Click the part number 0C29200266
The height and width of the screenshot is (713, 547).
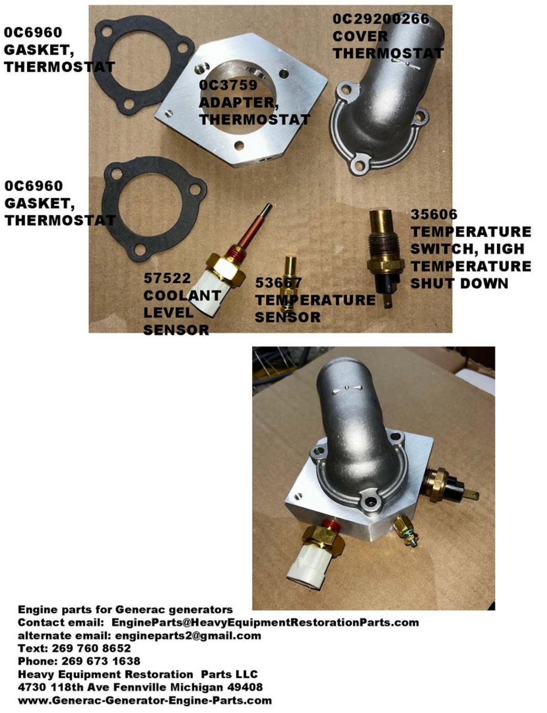click(x=380, y=19)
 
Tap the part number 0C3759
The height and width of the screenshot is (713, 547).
click(x=228, y=85)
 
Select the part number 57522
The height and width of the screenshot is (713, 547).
click(x=167, y=279)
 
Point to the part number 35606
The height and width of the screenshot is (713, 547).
click(x=434, y=214)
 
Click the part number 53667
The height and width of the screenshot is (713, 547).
click(x=278, y=283)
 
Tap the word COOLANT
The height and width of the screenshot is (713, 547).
click(x=182, y=296)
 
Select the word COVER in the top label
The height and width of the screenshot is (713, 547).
click(x=360, y=36)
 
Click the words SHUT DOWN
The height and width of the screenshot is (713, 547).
click(x=459, y=283)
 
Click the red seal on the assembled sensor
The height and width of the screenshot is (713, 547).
click(x=330, y=524)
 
